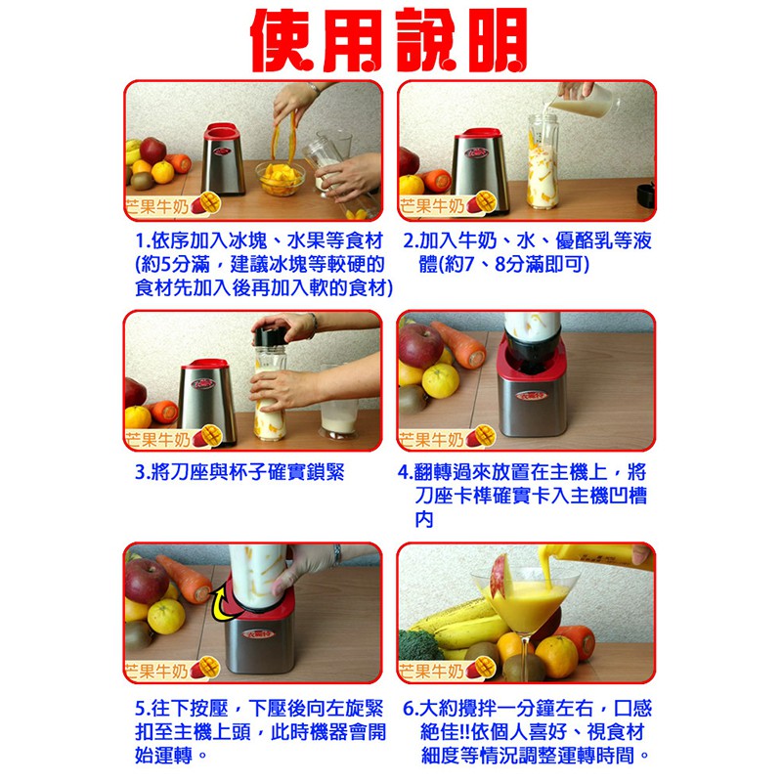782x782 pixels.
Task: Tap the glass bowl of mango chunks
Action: click(281, 178)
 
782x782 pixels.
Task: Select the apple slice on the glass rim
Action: click(500, 578)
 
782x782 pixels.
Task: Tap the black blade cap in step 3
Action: click(271, 335)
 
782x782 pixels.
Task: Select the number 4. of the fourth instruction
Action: click(405, 472)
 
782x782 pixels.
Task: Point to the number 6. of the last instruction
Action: click(411, 709)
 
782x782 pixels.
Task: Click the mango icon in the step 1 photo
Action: click(206, 203)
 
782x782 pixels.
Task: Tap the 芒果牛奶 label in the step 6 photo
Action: click(432, 672)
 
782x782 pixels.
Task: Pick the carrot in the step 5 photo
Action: click(185, 580)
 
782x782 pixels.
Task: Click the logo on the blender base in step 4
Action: click(531, 396)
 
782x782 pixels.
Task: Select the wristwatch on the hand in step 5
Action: click(338, 554)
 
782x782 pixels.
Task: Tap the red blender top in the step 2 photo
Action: click(479, 133)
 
